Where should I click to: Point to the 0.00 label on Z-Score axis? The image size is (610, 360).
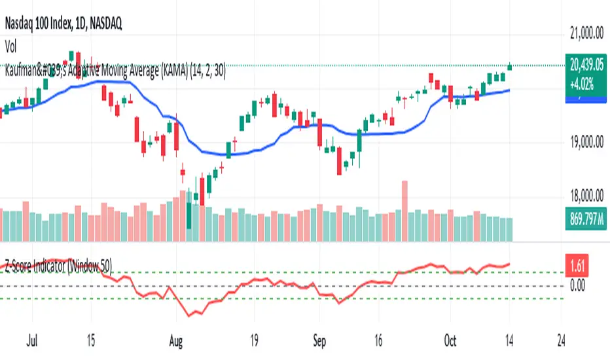click(577, 285)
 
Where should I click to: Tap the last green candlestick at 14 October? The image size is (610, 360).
click(510, 65)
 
